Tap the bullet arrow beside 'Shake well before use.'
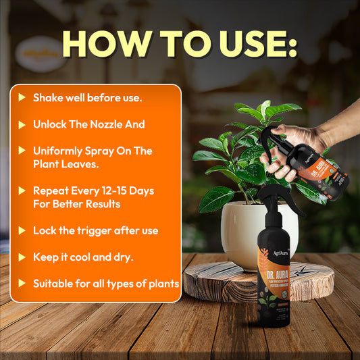coord(22,98)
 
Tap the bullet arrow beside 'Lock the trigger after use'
coord(22,231)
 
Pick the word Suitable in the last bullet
coord(54,284)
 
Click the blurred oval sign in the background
coord(40,54)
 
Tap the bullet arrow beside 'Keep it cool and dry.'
coord(22,257)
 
